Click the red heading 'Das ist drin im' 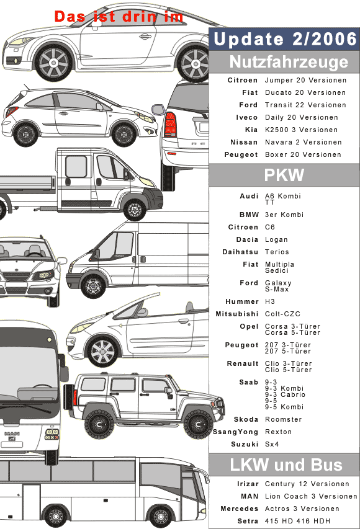coord(119,16)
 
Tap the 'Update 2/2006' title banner coord(285,39)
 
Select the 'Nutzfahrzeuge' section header coord(285,62)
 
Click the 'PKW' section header coord(284,175)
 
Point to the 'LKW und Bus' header coord(285,465)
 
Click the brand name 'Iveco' coord(247,117)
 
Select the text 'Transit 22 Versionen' coord(305,105)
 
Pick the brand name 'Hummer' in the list coord(242,301)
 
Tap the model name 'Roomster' coord(283,419)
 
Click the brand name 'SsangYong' coord(235,432)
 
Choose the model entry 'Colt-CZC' coord(282,314)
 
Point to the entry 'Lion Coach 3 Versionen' coord(311,496)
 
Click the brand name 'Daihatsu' coord(240,252)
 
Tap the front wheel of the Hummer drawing coord(198,424)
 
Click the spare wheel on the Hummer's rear coord(70,396)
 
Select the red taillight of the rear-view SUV coord(170,125)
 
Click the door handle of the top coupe coord(146,36)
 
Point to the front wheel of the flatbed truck coord(135,210)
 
